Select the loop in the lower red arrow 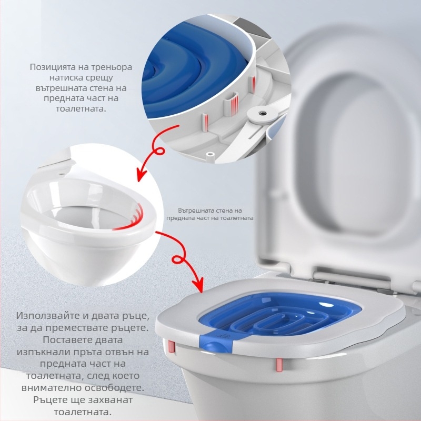tap(179, 259)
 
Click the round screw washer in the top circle tap(262, 113)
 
